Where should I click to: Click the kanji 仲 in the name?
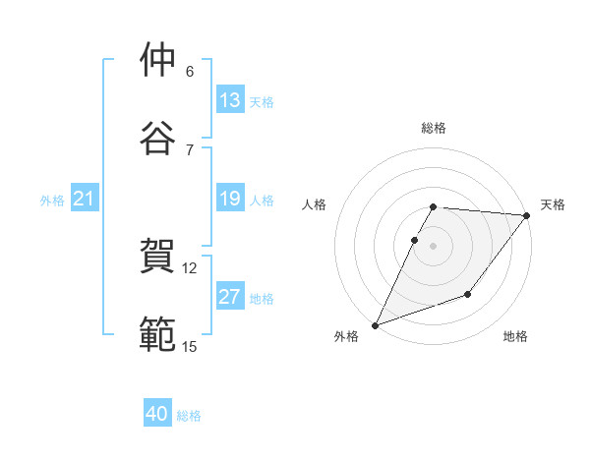coord(158,60)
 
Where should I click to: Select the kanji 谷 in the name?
coord(158,139)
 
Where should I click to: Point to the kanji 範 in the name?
coord(158,334)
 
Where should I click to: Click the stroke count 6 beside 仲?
coord(190,71)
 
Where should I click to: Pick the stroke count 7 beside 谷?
coord(190,149)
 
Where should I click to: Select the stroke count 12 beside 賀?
coord(190,267)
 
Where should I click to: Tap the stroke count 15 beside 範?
coord(190,346)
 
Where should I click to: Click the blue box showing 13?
coord(230,100)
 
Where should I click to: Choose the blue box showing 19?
coord(230,199)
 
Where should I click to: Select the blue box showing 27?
coord(230,297)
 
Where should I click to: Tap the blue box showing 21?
coord(85,200)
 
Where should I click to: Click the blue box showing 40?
coord(157,415)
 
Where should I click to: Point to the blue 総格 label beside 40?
coord(189,416)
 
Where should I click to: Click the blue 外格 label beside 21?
coord(52,201)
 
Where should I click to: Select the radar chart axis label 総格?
coord(434,128)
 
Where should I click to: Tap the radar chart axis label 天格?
coord(554,204)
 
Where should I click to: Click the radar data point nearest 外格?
coord(375,325)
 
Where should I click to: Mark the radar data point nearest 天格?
coord(527,215)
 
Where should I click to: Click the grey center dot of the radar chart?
coord(434,246)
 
